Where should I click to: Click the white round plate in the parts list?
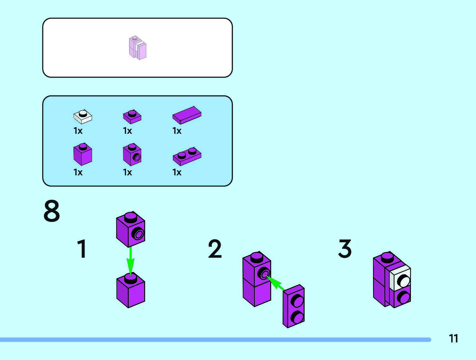click(83, 117)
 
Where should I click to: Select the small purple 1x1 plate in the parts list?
click(132, 117)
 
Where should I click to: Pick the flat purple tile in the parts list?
click(187, 115)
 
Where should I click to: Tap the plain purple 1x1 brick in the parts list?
click(83, 154)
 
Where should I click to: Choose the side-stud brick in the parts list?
click(132, 154)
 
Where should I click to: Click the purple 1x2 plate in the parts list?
click(187, 156)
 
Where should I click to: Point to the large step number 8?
click(52, 211)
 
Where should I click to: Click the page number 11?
click(453, 338)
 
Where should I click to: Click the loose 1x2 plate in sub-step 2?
click(294, 306)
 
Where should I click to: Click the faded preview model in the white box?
click(138, 48)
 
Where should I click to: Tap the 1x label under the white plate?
click(78, 131)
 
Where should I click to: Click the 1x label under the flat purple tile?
click(177, 131)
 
